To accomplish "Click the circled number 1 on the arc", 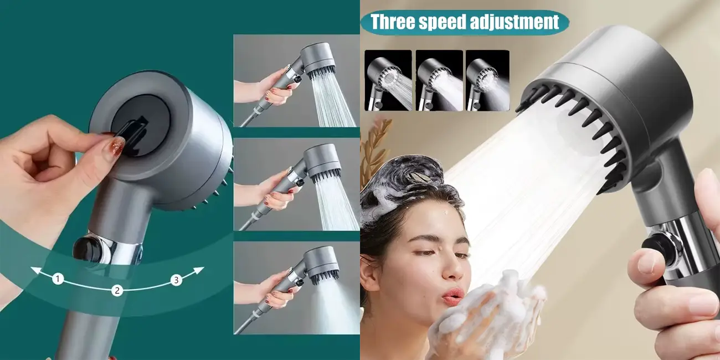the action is [x=58, y=279].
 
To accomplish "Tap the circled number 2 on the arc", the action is [x=117, y=291].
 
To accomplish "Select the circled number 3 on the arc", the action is [x=176, y=280].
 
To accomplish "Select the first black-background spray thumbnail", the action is [x=388, y=80].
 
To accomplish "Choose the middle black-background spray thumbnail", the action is [x=439, y=80].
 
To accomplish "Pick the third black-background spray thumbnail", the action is [x=487, y=80].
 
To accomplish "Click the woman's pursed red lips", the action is [x=452, y=296].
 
